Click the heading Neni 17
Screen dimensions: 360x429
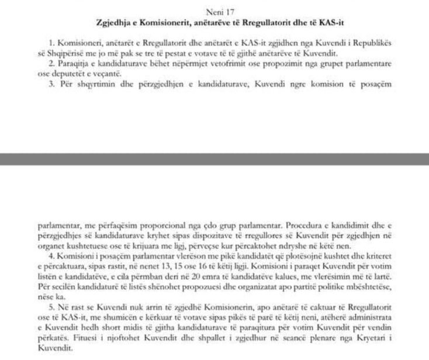click(214, 11)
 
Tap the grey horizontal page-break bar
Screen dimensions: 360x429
click(214, 158)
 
